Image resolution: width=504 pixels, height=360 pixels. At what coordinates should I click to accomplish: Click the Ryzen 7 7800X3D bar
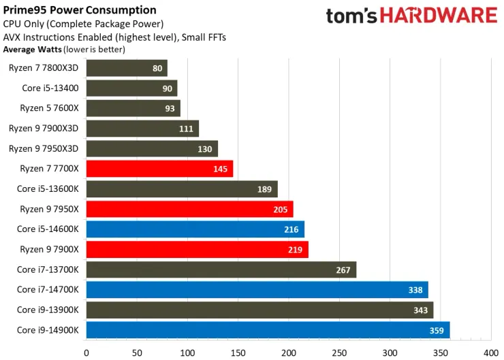pos(127,68)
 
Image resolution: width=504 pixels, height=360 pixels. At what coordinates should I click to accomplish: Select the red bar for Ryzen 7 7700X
pos(159,169)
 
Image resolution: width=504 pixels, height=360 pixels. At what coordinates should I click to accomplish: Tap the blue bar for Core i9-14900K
pos(268,331)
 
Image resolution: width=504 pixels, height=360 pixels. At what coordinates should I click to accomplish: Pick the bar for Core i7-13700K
pos(221,270)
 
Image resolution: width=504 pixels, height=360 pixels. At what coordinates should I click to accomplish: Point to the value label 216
pos(292,229)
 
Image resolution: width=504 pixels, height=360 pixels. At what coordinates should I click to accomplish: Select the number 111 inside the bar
pos(186,129)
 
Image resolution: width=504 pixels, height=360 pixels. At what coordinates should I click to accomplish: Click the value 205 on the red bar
pos(281,210)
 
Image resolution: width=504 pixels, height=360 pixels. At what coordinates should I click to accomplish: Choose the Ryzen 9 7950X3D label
pos(44,148)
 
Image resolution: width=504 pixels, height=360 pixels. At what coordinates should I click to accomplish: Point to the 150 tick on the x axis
pos(238,353)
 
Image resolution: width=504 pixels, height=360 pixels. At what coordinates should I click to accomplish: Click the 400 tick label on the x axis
pos(490,353)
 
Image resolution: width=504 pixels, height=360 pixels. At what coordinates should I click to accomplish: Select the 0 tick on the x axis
pos(86,353)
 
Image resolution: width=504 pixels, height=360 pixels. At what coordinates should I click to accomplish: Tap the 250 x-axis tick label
pos(338,353)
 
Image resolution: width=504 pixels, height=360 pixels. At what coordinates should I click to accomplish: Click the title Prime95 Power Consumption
pos(80,10)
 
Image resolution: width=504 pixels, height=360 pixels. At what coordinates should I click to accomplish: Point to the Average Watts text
pos(33,50)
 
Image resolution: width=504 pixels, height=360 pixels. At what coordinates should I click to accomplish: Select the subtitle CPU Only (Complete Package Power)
pos(83,24)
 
